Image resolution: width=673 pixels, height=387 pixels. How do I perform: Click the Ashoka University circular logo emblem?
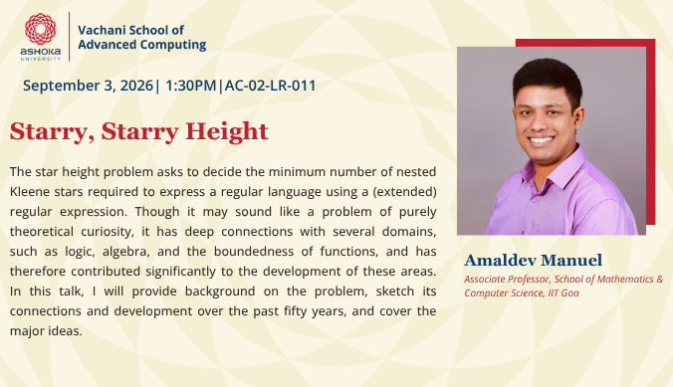point(41,29)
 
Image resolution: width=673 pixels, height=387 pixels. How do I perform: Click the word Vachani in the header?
point(103,30)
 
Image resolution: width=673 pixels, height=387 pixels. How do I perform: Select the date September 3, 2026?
point(88,86)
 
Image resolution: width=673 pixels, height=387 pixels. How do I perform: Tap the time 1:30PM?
point(190,86)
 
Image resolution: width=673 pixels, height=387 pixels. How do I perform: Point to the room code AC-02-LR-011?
point(271,86)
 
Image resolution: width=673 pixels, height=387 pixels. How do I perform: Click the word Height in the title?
point(227,131)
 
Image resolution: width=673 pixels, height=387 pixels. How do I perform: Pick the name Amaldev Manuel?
point(533,260)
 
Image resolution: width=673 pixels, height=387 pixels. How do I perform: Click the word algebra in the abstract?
point(125,252)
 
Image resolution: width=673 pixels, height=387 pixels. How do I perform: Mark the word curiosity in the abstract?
point(108,232)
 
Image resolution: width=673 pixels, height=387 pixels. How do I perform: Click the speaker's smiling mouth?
point(542,140)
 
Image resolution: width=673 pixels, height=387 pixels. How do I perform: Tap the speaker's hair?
point(548,79)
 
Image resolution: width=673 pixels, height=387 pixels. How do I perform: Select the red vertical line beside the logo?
point(69,37)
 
